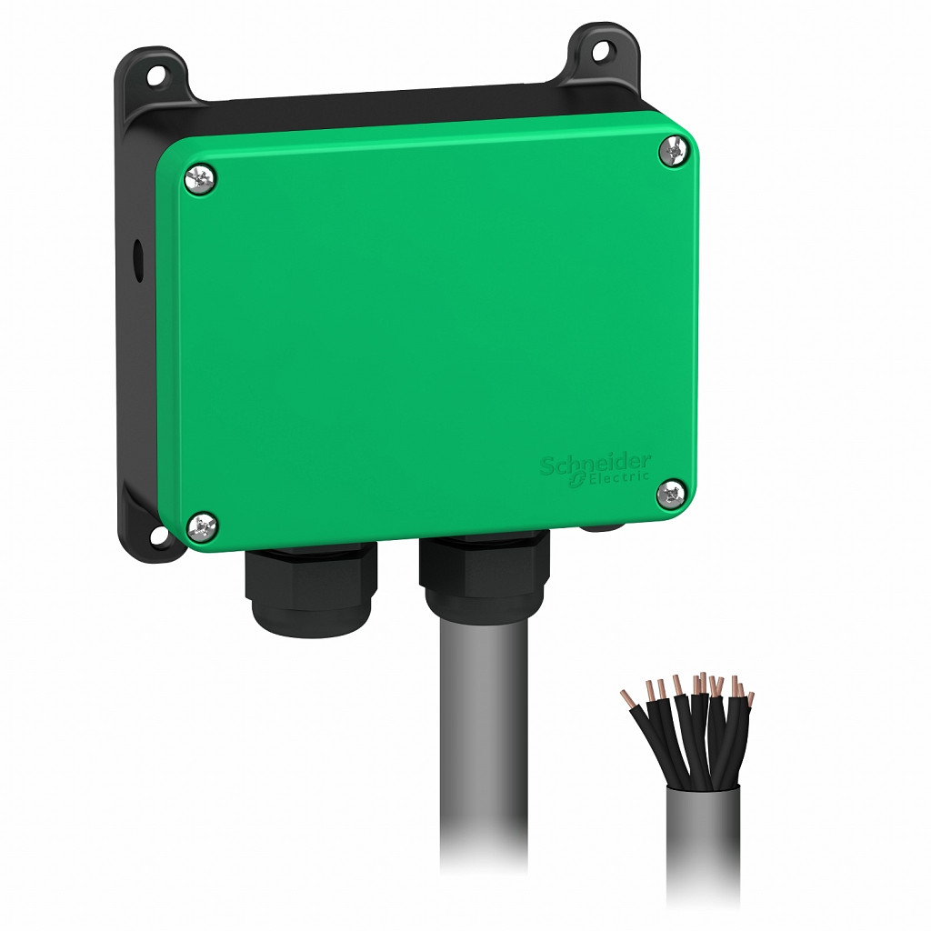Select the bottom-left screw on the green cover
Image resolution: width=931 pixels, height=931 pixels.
pos(202,525)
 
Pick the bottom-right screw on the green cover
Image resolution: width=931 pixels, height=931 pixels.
pos(671,494)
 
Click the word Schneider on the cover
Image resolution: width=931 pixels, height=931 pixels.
pos(596,464)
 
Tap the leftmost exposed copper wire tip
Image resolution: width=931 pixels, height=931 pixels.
pos(626,697)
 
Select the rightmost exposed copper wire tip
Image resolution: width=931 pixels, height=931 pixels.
pos(749,699)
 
